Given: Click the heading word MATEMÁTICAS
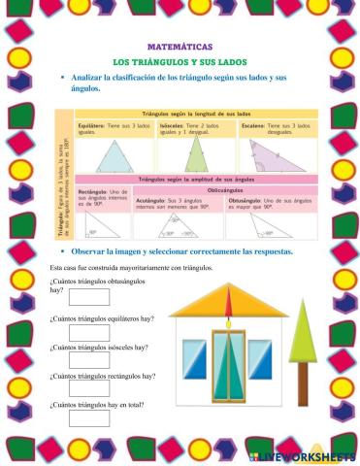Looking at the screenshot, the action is click(x=180, y=47).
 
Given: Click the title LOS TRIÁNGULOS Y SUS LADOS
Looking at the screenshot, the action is click(x=180, y=62).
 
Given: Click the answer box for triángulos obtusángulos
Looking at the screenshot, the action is click(x=88, y=298).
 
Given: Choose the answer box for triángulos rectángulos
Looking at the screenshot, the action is click(x=88, y=388).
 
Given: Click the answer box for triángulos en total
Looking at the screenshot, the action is click(x=88, y=418).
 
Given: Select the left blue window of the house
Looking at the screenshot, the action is click(x=194, y=359).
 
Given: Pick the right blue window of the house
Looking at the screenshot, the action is click(x=260, y=359).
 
